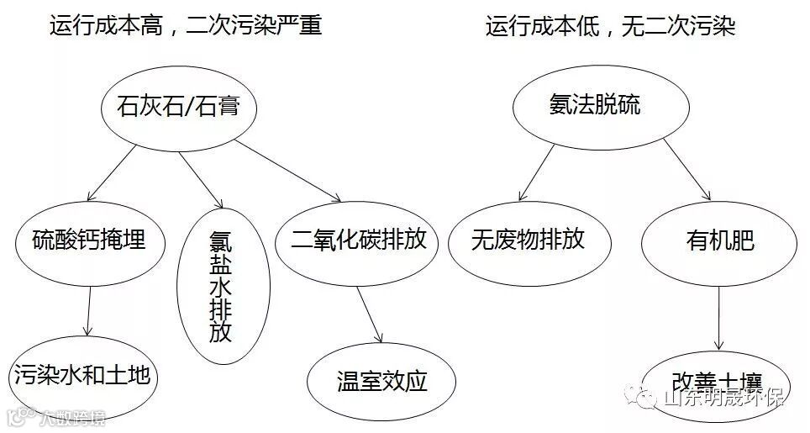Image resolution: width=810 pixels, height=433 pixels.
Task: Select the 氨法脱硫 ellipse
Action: (x=594, y=105)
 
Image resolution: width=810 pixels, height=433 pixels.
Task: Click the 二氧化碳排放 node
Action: (x=359, y=240)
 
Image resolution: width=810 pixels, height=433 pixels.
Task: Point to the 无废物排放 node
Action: (x=528, y=240)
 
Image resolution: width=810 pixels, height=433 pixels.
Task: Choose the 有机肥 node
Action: (x=720, y=241)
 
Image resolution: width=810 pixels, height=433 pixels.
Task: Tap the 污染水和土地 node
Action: (x=82, y=375)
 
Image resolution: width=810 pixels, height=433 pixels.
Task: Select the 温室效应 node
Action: (x=382, y=381)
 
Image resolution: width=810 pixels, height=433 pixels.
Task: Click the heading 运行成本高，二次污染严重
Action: (x=186, y=26)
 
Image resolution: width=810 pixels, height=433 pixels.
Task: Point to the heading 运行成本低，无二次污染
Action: (x=611, y=26)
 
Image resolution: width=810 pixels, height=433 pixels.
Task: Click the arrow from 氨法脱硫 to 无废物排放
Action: (x=537, y=172)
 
